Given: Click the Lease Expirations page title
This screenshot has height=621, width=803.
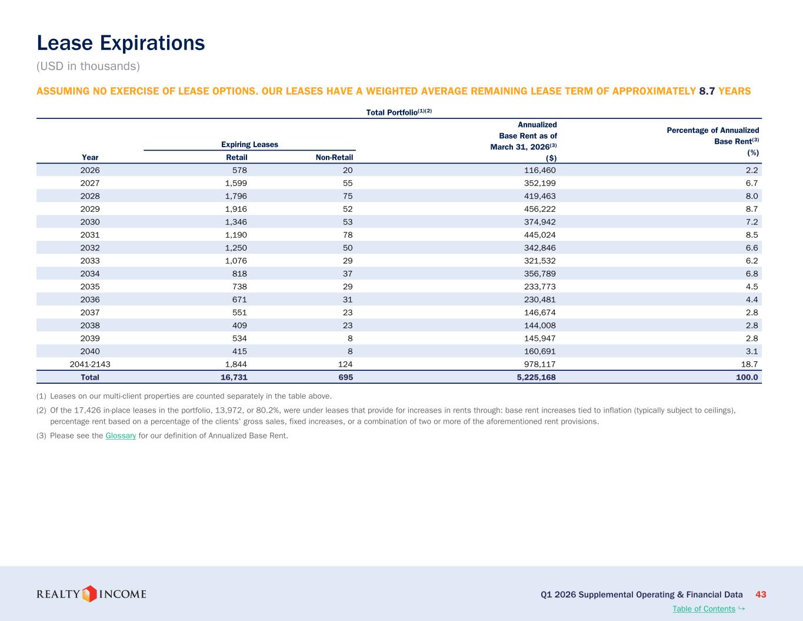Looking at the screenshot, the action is point(121,43).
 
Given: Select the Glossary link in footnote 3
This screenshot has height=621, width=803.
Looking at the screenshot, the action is point(121,436).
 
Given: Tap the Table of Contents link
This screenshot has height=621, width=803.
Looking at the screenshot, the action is point(704,609).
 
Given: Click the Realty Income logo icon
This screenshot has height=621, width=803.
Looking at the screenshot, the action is point(89,594).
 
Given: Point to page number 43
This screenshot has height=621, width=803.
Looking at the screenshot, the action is point(761,594).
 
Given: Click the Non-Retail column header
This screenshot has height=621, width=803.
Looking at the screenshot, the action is point(334,158).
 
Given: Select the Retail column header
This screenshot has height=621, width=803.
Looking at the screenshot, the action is point(236,158).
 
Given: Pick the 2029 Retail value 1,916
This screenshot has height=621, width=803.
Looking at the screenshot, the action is point(236,209).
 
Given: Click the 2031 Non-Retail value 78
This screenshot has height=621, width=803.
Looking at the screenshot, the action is point(347,235).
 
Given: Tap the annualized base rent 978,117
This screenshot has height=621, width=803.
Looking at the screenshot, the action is point(539,364).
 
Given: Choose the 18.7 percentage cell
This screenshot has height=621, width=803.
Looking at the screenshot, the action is point(749,364).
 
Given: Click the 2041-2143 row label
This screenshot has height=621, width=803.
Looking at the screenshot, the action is point(90,364).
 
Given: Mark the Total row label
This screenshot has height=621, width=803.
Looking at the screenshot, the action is point(90,377).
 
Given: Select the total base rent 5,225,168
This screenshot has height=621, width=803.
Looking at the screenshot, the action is point(536,377).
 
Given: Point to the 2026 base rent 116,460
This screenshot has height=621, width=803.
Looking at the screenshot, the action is point(539,170).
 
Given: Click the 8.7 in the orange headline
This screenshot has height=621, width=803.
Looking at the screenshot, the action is point(707,91).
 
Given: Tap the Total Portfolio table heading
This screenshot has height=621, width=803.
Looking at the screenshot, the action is point(399,112).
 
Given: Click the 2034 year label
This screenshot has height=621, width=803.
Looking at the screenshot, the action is point(90,274).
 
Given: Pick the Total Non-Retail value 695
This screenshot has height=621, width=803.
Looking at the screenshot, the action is point(345,377).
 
